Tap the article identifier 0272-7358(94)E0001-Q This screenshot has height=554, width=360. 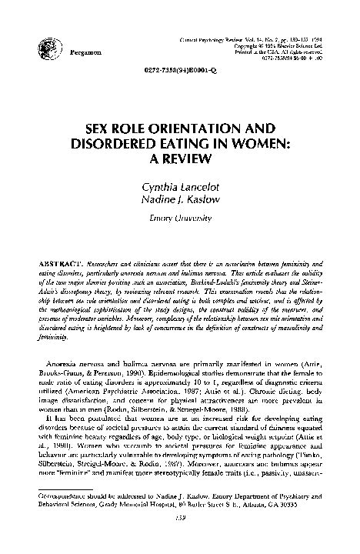[x=180, y=68]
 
